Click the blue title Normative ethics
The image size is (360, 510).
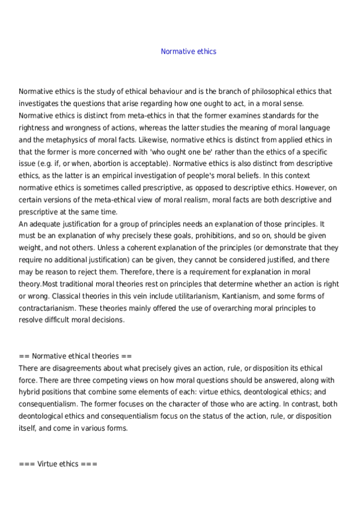188,51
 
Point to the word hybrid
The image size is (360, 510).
29,392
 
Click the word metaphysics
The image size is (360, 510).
67,139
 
